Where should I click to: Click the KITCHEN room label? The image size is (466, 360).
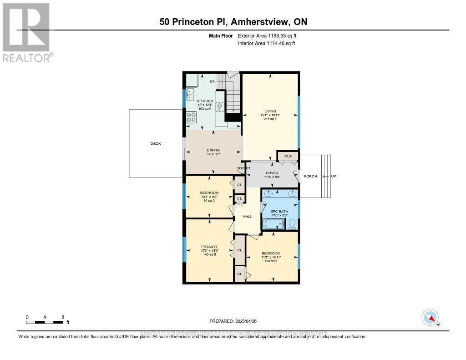pyautogui.click(x=205, y=101)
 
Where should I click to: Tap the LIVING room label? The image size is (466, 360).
pyautogui.click(x=270, y=111)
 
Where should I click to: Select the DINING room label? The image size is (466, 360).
pyautogui.click(x=213, y=150)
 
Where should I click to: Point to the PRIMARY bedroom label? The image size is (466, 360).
pyautogui.click(x=209, y=247)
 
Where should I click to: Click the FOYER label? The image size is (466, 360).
pyautogui.click(x=272, y=173)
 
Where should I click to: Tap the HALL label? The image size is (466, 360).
pyautogui.click(x=247, y=216)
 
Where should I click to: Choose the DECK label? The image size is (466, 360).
pyautogui.click(x=156, y=143)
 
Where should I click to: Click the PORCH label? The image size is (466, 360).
pyautogui.click(x=310, y=176)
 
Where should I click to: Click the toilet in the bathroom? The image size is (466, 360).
pyautogui.click(x=292, y=223)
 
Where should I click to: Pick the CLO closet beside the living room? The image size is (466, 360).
pyautogui.click(x=288, y=156)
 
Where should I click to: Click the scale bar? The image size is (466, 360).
pyautogui.click(x=45, y=322)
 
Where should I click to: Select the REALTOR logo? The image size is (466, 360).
pyautogui.click(x=27, y=32)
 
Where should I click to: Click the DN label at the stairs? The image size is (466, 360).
pyautogui.click(x=213, y=81)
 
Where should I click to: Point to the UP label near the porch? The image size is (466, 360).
pyautogui.click(x=334, y=176)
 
